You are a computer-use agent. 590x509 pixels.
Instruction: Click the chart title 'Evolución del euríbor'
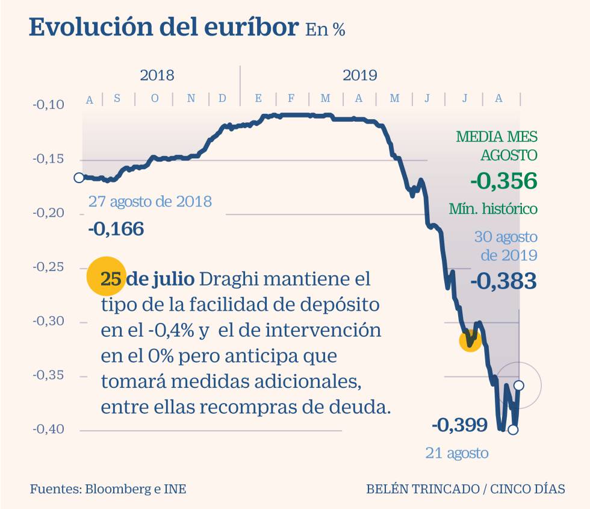tap(164, 28)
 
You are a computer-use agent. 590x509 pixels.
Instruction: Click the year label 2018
tap(157, 76)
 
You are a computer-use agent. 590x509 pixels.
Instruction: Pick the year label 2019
tap(360, 76)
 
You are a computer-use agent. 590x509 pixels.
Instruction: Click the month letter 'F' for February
tap(291, 99)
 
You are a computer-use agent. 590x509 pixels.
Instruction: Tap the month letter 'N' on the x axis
tap(191, 99)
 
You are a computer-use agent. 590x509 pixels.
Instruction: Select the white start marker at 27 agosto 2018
tap(79, 178)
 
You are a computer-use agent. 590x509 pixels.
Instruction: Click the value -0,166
tap(116, 229)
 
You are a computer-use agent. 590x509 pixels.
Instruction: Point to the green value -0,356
tap(503, 181)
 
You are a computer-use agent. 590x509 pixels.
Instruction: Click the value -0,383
tap(503, 281)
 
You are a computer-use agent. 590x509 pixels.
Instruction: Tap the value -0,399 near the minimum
tap(459, 425)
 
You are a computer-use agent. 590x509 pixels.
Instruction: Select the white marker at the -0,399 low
tap(513, 429)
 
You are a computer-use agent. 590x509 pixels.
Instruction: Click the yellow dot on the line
tap(470, 340)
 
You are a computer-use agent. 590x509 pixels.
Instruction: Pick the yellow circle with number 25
tap(106, 279)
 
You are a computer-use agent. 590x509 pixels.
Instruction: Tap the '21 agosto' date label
tap(457, 453)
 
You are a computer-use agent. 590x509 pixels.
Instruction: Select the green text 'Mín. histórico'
tap(493, 209)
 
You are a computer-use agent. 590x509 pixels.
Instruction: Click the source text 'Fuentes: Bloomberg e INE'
tap(108, 489)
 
